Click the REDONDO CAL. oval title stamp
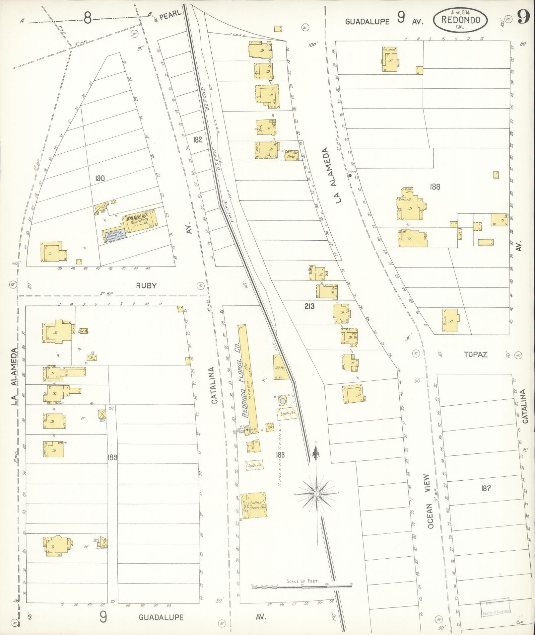pyautogui.click(x=460, y=20)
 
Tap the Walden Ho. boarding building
pyautogui.click(x=140, y=220)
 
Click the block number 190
pyautogui.click(x=99, y=179)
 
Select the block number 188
pyautogui.click(x=435, y=187)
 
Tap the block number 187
pyautogui.click(x=485, y=488)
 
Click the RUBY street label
pyautogui.click(x=146, y=286)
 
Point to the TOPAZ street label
pyautogui.click(x=475, y=355)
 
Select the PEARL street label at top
pyautogui.click(x=170, y=15)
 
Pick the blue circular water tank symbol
pyautogui.click(x=282, y=402)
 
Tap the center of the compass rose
pyautogui.click(x=317, y=494)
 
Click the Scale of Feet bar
pyautogui.click(x=301, y=587)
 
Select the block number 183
pyautogui.click(x=280, y=455)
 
